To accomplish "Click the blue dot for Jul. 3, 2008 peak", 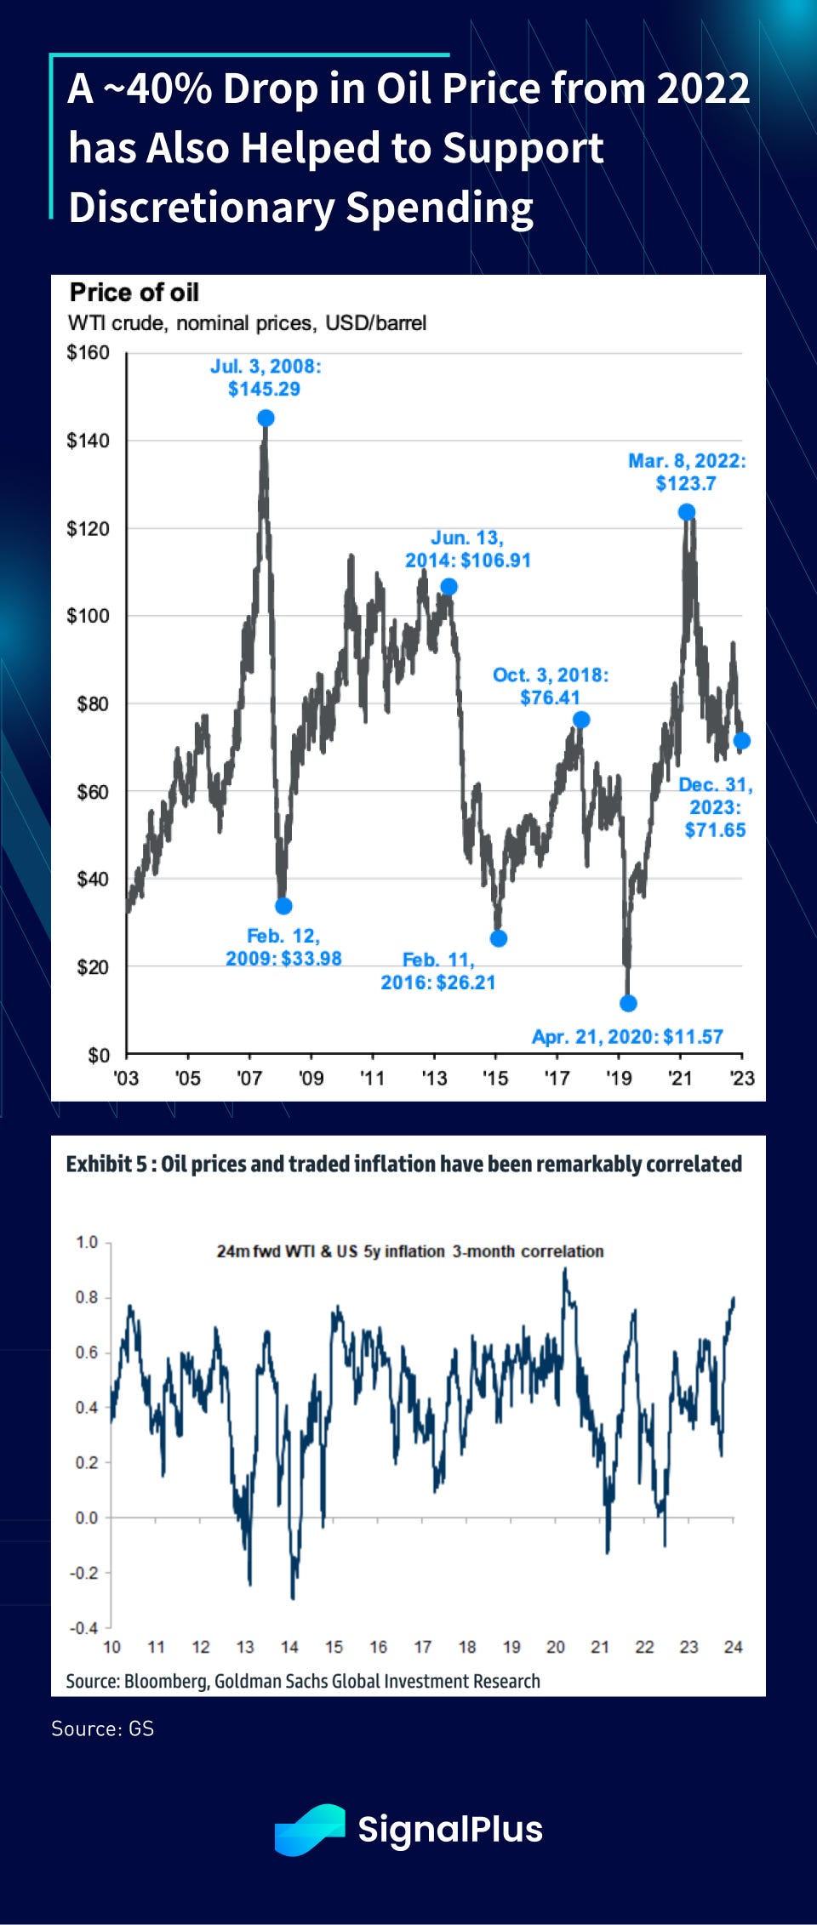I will tap(266, 419).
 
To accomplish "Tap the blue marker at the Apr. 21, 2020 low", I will tap(628, 1004).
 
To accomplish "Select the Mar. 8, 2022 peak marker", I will tap(687, 512).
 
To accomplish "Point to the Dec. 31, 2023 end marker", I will tap(741, 741).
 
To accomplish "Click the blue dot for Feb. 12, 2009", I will tap(284, 906).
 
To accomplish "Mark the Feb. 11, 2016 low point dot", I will tap(499, 938).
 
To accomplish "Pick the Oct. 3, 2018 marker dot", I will tap(581, 720).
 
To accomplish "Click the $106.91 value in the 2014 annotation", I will tap(495, 561).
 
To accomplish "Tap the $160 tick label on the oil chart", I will tap(88, 352).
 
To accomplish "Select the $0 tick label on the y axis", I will tap(99, 1056).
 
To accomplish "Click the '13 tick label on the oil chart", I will tap(434, 1079).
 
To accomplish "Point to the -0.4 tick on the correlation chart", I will tap(83, 1628).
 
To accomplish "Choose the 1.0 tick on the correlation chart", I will tap(87, 1242).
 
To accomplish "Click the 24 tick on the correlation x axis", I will tap(733, 1648).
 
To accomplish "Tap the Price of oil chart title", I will tap(134, 293).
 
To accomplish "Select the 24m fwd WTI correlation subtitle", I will tap(409, 1251).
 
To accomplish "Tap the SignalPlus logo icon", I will tap(310, 1830).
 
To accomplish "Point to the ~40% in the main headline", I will tap(157, 88).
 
